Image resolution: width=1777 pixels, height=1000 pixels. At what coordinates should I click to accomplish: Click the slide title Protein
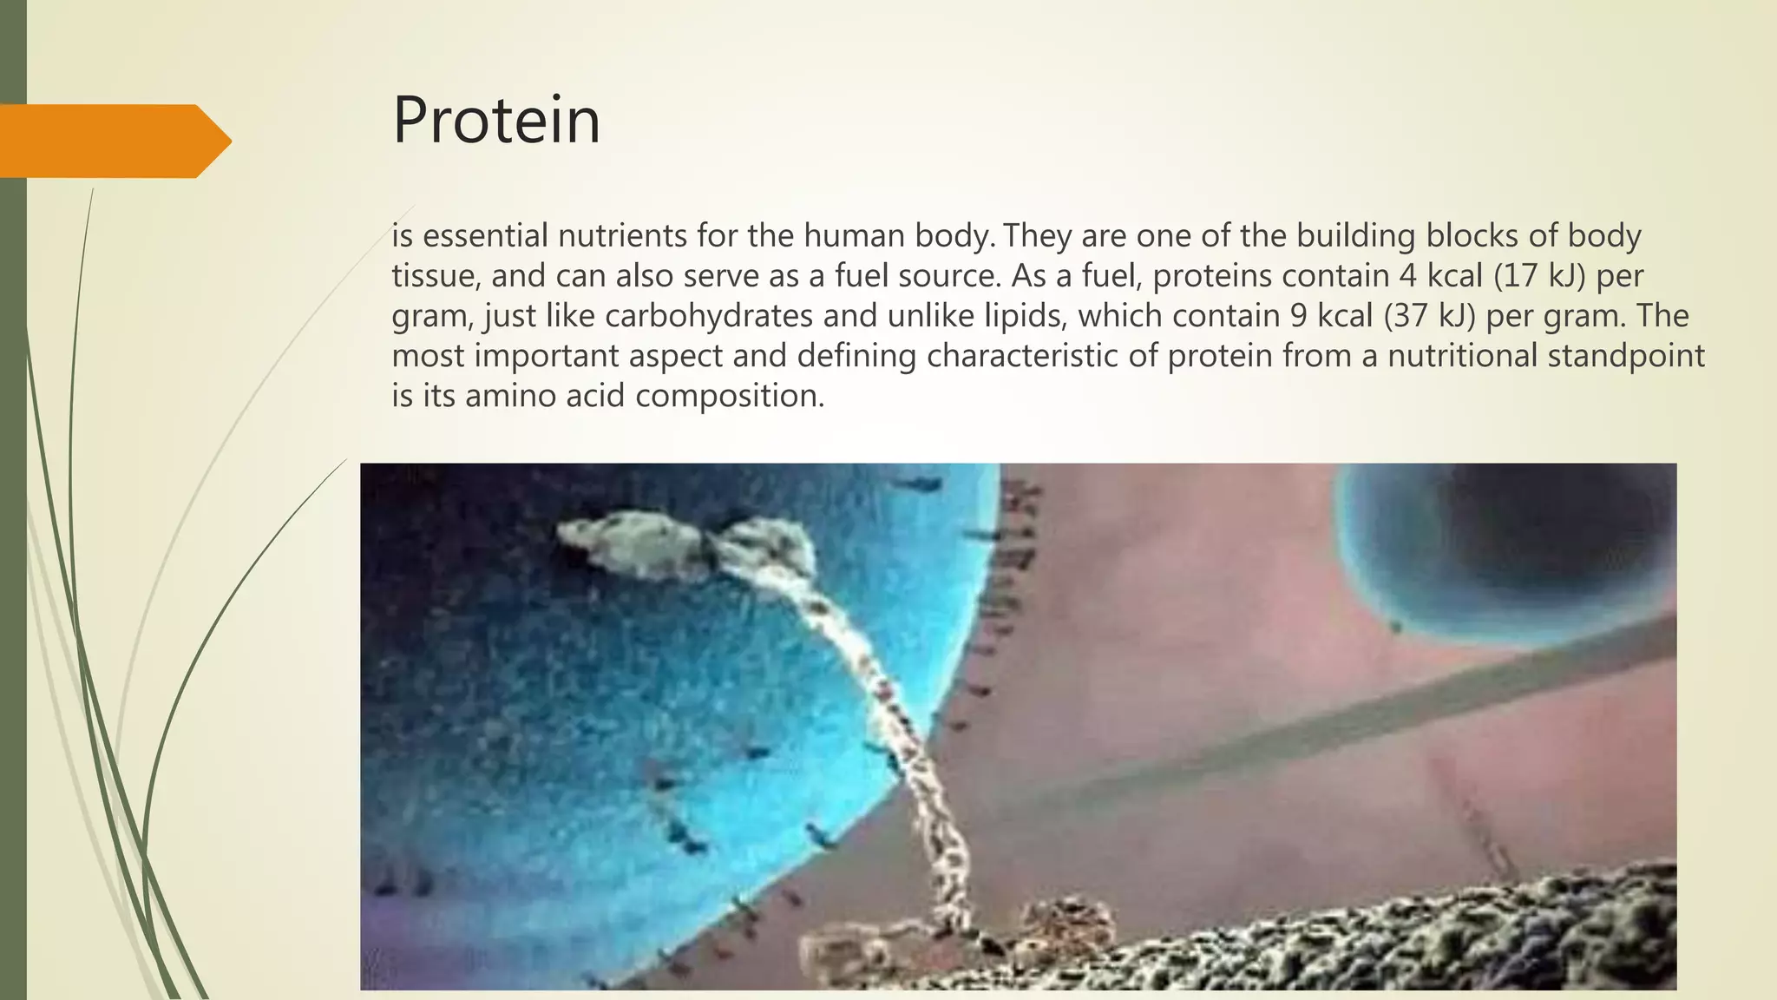pos(495,121)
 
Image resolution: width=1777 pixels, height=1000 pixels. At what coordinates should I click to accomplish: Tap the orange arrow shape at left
pos(113,141)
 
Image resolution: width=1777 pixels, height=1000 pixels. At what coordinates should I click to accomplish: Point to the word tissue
pos(436,276)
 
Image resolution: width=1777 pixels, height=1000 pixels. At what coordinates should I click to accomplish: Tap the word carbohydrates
pos(708,316)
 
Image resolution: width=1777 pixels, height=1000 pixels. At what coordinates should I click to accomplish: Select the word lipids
pos(1024,316)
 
